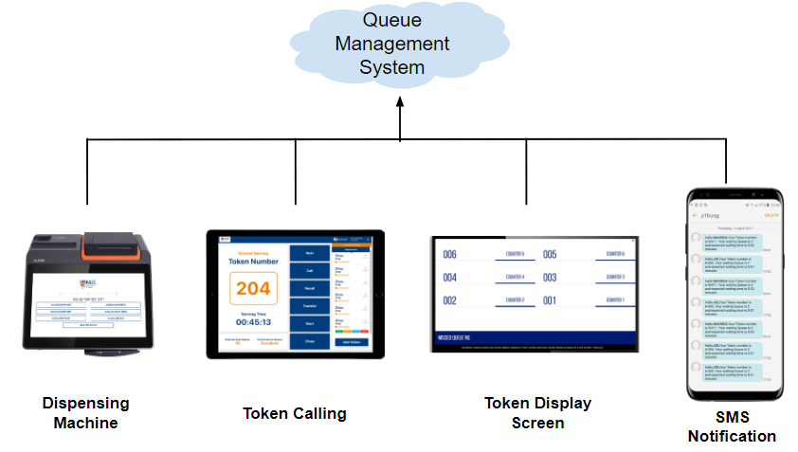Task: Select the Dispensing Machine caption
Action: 85,413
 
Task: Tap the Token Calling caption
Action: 294,413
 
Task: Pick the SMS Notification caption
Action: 732,426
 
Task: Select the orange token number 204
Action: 253,288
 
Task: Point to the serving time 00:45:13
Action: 253,321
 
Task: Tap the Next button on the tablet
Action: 309,254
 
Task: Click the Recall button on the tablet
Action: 309,288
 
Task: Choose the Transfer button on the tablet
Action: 309,306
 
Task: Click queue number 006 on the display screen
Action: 450,255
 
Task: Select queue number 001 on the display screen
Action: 550,300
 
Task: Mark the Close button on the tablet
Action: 309,340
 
